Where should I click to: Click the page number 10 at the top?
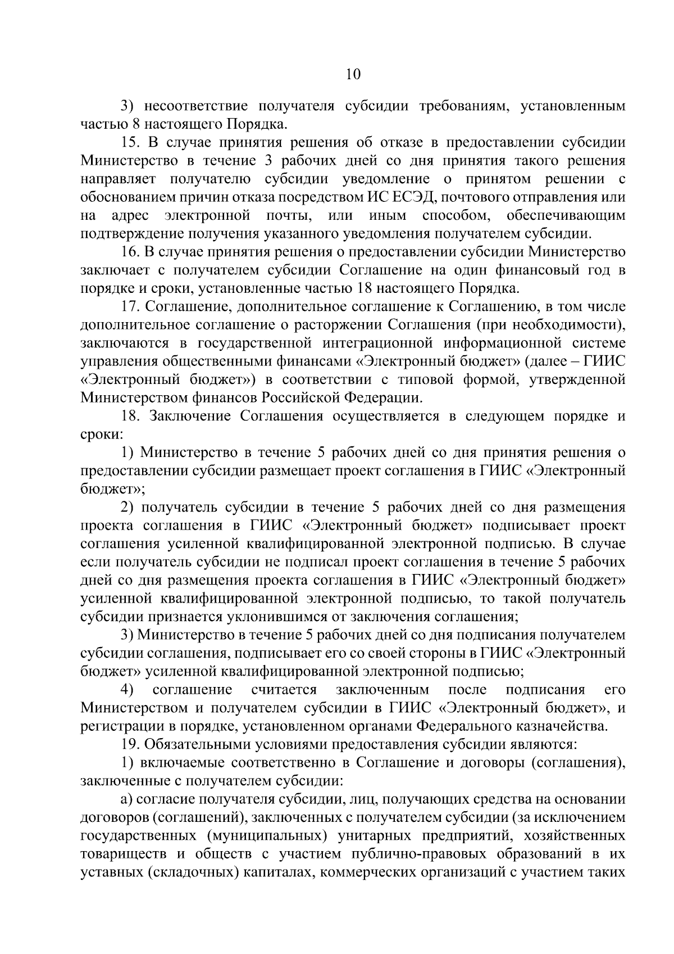point(353,75)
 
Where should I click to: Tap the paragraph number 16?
point(130,252)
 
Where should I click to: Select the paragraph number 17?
point(131,306)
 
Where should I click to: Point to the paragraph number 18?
point(131,416)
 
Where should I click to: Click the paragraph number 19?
point(130,744)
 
